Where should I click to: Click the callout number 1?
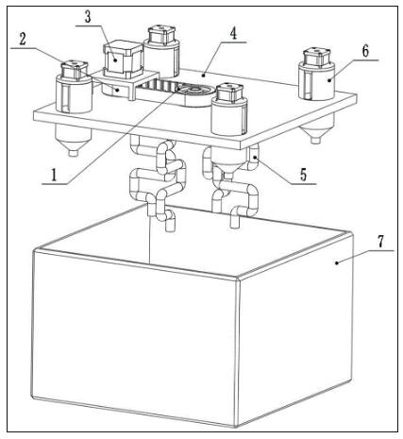(54, 175)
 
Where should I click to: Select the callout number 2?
(23, 40)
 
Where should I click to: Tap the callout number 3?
(88, 17)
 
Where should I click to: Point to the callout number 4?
(233, 34)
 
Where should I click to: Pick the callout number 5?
(303, 175)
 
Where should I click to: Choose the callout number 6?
(365, 51)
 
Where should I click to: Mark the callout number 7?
(380, 242)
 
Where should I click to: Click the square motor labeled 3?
(123, 59)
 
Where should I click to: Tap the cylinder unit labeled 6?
(316, 81)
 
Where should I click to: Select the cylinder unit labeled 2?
(74, 93)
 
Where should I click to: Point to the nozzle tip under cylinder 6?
(312, 140)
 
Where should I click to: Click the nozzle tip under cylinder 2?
(74, 153)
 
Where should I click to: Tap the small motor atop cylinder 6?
(316, 58)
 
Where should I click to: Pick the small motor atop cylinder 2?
(75, 70)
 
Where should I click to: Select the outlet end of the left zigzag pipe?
(170, 227)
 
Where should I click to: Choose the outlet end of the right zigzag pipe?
(234, 222)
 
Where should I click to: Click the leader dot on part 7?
(337, 262)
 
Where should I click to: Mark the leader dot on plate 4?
(204, 75)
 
